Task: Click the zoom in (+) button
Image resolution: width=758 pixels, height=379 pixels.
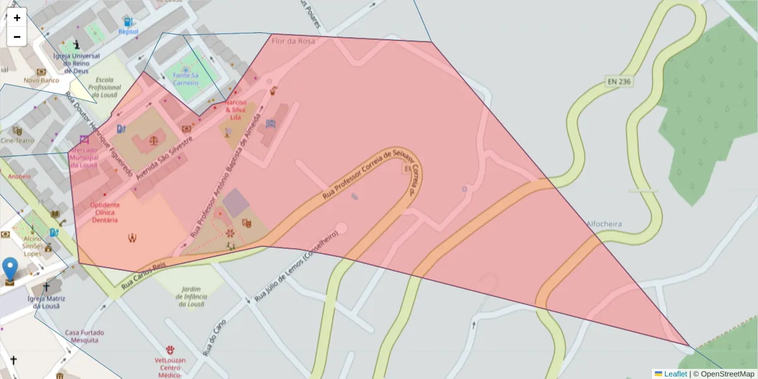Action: (17, 18)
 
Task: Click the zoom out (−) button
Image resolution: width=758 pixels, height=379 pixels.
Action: (17, 37)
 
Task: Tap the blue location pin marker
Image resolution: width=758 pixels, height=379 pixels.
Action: (10, 268)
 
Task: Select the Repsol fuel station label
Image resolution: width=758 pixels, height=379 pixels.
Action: (128, 31)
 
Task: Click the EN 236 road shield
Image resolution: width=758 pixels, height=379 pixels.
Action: (619, 81)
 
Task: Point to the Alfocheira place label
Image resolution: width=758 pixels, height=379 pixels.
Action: (604, 224)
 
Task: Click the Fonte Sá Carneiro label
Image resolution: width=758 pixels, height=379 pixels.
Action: (186, 79)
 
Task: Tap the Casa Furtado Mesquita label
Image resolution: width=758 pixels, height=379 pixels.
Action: (85, 336)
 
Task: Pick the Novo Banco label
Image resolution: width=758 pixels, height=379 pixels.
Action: (41, 80)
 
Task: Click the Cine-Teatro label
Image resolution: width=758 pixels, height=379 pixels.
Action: (18, 140)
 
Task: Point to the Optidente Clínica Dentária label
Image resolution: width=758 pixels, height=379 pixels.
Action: (105, 213)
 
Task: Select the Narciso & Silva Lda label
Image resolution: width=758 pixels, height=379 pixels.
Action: (236, 109)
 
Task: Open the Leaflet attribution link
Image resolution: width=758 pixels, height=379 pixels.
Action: (675, 374)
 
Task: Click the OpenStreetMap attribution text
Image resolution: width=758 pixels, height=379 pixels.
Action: (726, 374)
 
